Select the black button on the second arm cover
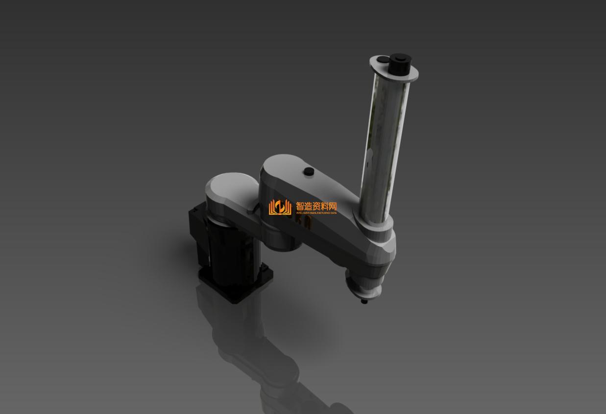click(309, 171)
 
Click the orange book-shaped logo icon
click(280, 207)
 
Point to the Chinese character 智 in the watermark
click(301, 206)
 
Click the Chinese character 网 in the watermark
click(332, 206)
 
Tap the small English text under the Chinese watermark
click(316, 213)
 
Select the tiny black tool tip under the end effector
click(364, 301)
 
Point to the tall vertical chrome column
click(385, 147)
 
